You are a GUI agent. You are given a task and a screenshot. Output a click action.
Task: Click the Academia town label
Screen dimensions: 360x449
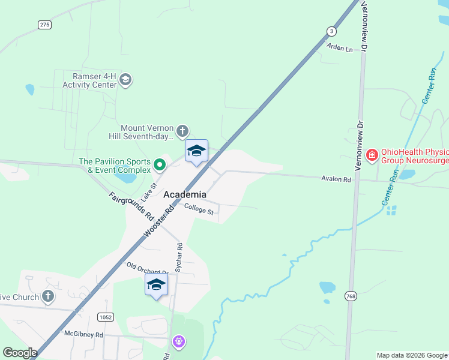(185, 194)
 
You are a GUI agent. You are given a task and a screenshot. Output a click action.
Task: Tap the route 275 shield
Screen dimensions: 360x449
(44, 25)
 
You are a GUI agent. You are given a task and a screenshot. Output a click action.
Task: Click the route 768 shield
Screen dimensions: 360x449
(351, 296)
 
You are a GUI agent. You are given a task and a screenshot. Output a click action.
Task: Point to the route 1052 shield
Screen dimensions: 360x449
(106, 316)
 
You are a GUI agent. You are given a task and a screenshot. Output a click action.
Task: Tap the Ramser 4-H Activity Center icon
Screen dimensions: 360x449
(125, 80)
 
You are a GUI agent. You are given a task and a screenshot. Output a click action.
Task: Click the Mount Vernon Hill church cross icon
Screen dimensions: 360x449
(182, 131)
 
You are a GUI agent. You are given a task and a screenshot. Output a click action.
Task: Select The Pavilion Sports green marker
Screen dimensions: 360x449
(159, 164)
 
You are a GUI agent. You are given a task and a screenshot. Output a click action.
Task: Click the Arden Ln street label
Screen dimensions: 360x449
(340, 47)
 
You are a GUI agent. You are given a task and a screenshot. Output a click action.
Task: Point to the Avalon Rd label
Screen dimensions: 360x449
(336, 179)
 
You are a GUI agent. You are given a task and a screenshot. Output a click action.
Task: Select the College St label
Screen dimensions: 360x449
(199, 209)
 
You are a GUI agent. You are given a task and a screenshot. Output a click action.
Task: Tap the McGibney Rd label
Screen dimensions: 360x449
(83, 334)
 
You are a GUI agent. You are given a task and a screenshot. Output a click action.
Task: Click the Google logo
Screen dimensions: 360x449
(20, 353)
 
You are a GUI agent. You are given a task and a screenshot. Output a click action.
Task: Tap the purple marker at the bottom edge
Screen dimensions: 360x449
(178, 342)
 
